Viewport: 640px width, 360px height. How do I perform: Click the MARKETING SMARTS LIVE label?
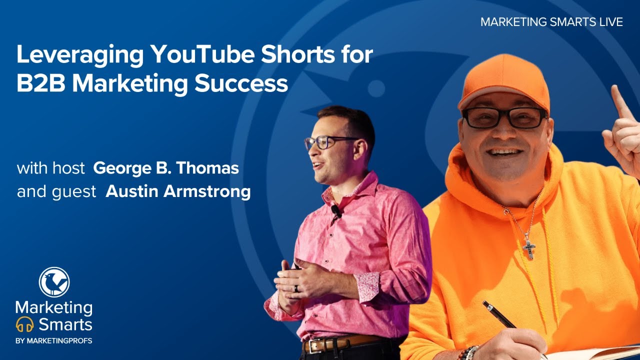pos(551,22)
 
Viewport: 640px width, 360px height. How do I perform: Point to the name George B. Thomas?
pos(166,168)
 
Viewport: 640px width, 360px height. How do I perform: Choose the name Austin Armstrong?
pos(178,192)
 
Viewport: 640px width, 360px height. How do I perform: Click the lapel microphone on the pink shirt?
pos(336,211)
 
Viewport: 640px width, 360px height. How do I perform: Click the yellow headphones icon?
pos(24,325)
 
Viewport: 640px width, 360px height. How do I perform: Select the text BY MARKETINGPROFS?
pos(54,341)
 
